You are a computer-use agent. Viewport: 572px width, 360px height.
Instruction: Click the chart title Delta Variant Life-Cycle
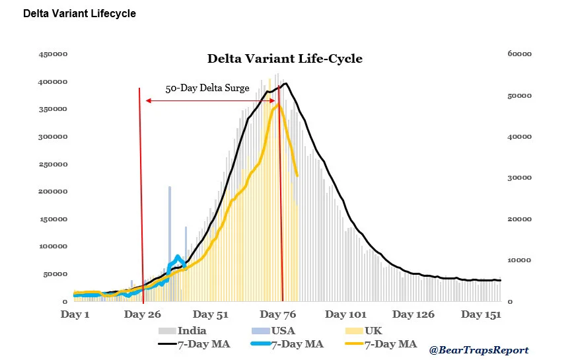(285, 59)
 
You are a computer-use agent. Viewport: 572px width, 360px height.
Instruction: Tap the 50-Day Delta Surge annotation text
(207, 88)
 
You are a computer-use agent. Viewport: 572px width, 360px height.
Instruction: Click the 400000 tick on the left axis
(53, 82)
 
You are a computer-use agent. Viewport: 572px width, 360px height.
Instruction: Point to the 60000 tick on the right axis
(519, 54)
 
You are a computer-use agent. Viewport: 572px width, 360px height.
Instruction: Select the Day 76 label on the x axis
(277, 314)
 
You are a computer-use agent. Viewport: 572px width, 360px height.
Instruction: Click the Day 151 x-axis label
(481, 314)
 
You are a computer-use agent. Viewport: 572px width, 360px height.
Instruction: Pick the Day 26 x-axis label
(142, 314)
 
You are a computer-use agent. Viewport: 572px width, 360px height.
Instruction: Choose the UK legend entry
(364, 330)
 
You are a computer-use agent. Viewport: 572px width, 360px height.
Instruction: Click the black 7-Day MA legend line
(168, 343)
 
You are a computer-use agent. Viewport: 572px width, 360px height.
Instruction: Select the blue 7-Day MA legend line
(261, 343)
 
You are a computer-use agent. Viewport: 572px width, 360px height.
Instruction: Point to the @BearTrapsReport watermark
(479, 350)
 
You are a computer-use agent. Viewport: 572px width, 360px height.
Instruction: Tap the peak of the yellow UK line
(278, 104)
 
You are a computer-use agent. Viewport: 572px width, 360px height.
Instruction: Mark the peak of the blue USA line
(178, 256)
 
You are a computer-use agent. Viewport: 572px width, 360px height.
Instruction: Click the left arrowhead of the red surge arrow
(148, 100)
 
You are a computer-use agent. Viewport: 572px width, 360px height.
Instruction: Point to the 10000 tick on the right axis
(519, 260)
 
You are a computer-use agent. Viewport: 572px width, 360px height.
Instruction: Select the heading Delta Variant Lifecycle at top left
(79, 13)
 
